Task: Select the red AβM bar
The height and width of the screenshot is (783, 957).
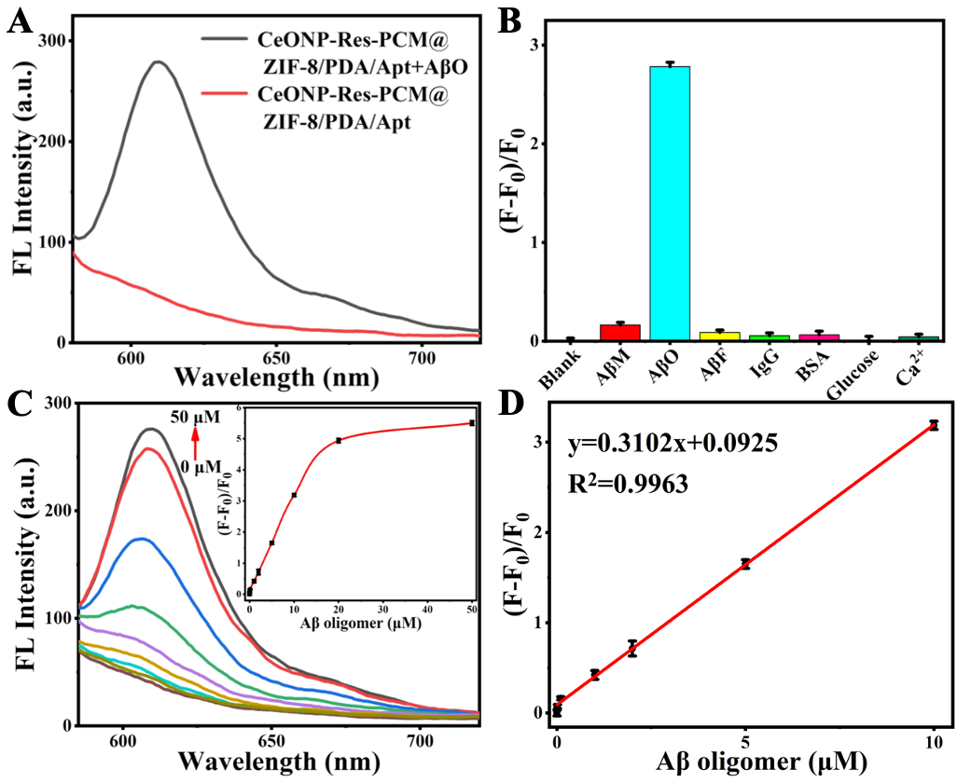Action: (x=619, y=331)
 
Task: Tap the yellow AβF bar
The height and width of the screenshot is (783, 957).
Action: (x=719, y=335)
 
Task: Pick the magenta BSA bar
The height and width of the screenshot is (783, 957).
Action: (x=818, y=336)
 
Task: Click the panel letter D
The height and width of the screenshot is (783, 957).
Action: (x=511, y=404)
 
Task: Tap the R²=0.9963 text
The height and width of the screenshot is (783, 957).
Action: (x=628, y=485)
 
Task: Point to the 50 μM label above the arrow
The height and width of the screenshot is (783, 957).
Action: (x=194, y=417)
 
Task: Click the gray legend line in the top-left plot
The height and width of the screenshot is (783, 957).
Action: (x=223, y=41)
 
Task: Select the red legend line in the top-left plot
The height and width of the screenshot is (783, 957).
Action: (x=223, y=95)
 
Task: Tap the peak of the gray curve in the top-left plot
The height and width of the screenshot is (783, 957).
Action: (x=159, y=62)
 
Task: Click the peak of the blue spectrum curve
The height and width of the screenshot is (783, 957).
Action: (x=141, y=538)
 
